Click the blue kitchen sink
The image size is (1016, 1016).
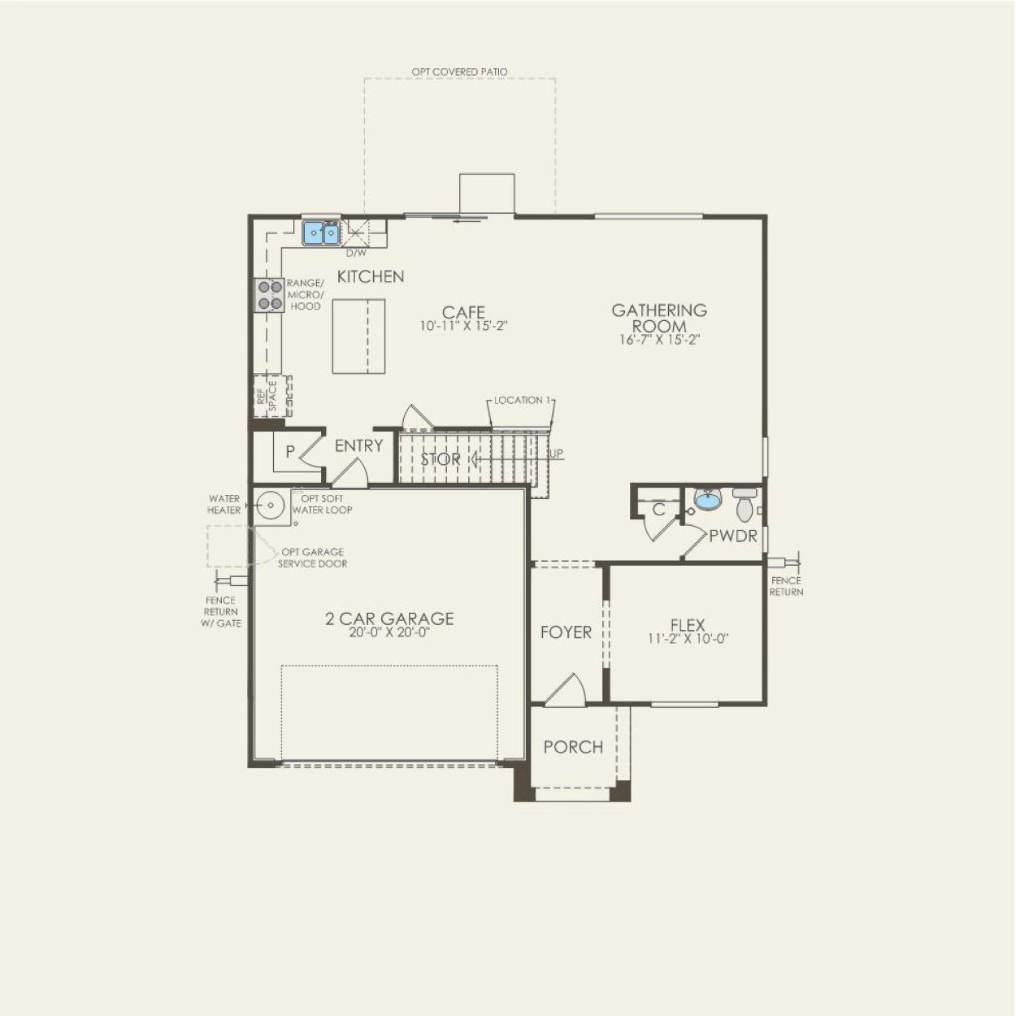click(321, 233)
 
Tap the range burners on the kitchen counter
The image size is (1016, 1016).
click(268, 295)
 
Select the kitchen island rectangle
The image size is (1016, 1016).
click(358, 336)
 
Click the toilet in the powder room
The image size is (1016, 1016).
click(745, 505)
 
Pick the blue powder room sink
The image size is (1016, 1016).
click(707, 500)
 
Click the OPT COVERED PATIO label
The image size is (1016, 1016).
click(459, 72)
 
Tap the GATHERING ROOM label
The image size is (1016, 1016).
click(659, 318)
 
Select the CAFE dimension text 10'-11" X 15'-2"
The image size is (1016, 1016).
click(464, 326)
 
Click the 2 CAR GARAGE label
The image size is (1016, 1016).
click(389, 619)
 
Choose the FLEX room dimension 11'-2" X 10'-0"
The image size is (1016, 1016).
click(688, 639)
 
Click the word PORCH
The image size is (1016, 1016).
click(573, 747)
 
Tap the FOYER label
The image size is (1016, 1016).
click(566, 632)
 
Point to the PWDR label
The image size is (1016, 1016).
click(732, 536)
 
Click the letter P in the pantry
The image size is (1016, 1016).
click(289, 452)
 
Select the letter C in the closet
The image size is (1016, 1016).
click(659, 510)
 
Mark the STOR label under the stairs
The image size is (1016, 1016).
click(441, 459)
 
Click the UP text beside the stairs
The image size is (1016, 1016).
click(557, 454)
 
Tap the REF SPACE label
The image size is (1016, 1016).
click(267, 395)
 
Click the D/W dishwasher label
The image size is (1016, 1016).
click(356, 253)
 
